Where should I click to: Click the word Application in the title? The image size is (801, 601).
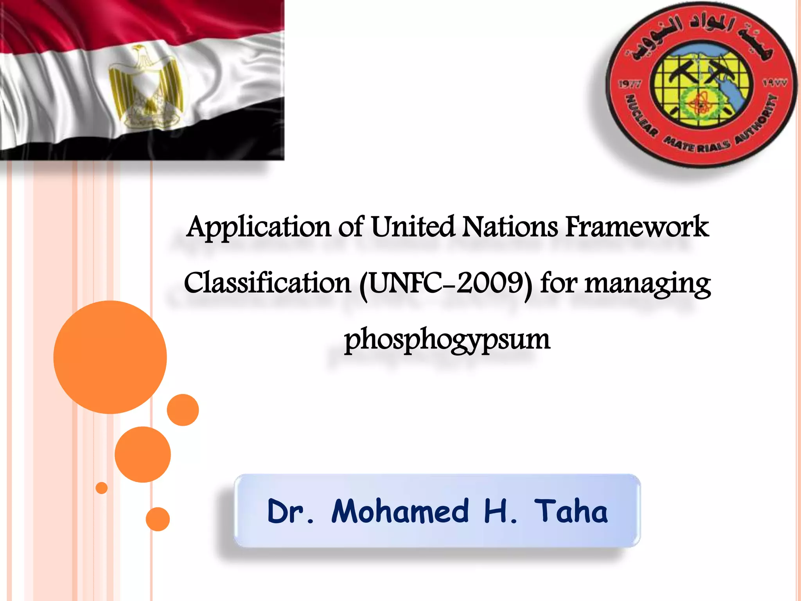click(259, 228)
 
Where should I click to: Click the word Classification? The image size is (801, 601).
click(268, 283)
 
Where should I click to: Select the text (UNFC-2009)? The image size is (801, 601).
click(446, 284)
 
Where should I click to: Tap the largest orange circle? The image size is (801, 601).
click(110, 357)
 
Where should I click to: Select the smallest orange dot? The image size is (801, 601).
click(102, 488)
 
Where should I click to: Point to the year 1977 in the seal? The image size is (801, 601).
click(629, 85)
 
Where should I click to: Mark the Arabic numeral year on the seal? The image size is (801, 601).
click(774, 83)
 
